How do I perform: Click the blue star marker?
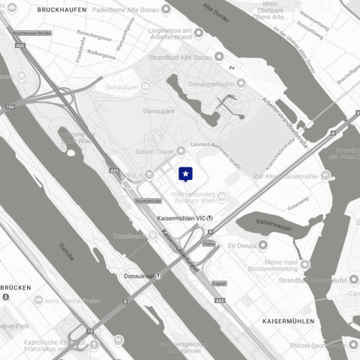[185, 174]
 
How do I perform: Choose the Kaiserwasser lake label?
[273, 223]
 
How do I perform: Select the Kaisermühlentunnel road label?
[181, 255]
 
